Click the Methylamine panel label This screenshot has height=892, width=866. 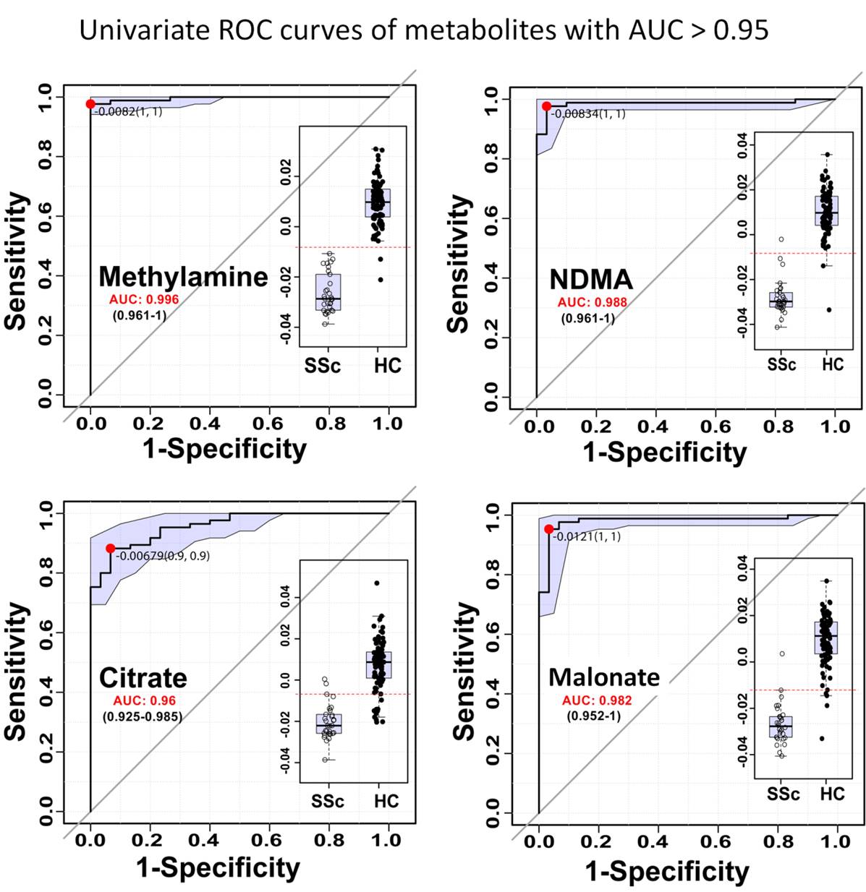click(183, 276)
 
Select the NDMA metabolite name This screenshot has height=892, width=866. click(590, 279)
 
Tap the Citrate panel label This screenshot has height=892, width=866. click(143, 678)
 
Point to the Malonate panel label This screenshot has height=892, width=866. click(604, 677)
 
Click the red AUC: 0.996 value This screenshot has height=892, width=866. click(144, 299)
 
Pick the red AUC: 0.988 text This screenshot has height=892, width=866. click(592, 302)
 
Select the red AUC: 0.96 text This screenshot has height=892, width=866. click(144, 700)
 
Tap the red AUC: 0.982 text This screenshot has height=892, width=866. click(597, 700)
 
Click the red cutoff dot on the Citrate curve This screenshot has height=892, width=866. click(110, 549)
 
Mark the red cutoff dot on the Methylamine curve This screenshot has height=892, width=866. click(90, 104)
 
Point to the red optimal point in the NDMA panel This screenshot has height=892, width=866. click(546, 106)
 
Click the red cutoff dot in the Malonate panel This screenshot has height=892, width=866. click(548, 529)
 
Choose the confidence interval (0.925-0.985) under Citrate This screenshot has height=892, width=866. click(142, 716)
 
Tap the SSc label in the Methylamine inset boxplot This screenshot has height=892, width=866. click(322, 366)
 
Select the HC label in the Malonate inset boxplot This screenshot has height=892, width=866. click(832, 794)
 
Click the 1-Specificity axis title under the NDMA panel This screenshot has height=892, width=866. click(664, 452)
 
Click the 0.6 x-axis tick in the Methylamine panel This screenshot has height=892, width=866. click(268, 424)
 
